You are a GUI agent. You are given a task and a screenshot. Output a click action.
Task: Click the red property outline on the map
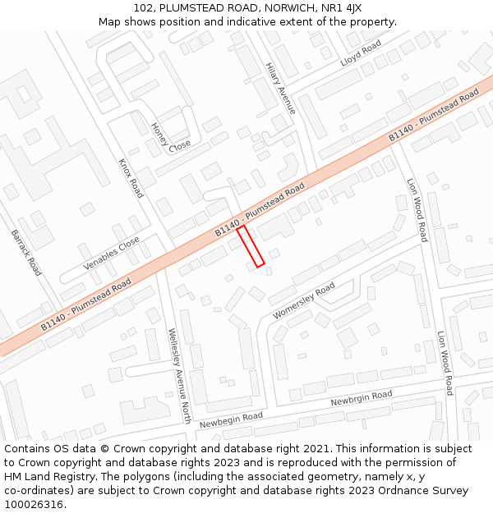pos(251,246)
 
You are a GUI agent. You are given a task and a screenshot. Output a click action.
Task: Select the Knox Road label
pos(131,178)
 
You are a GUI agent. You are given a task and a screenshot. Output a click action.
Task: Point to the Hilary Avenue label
pos(280,87)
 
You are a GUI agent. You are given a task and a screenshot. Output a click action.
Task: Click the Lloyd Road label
pos(362,53)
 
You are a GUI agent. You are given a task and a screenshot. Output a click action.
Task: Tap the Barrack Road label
pos(26,251)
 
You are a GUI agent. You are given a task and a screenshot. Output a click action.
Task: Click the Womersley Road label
pos(303,301)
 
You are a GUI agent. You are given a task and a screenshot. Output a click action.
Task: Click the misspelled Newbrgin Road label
pos(362,400)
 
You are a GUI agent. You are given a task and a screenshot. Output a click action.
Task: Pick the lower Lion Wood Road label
pos(445,363)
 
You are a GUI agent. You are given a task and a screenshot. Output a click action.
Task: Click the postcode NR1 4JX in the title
pos(340,8)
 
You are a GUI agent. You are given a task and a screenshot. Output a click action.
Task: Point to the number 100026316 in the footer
pos(34,504)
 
